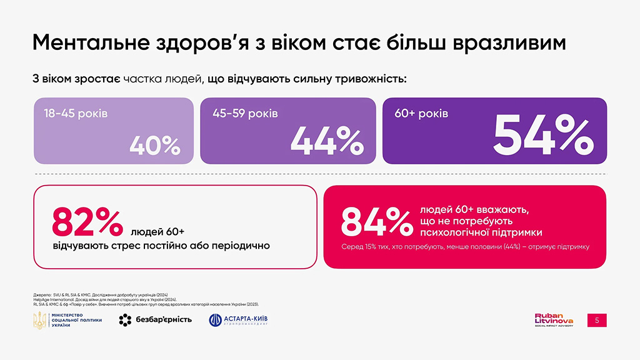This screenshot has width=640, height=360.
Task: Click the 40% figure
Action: pyautogui.click(x=155, y=146)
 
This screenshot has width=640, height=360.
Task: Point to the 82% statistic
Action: pyautogui.click(x=87, y=222)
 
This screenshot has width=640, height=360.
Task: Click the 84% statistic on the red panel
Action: pyautogui.click(x=374, y=221)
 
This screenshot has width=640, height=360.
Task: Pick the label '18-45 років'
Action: pyautogui.click(x=76, y=115)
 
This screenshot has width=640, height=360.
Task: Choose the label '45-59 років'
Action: pyautogui.click(x=246, y=114)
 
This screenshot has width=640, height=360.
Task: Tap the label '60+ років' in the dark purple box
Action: pyautogui.click(x=422, y=114)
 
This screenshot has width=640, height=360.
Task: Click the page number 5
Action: pyautogui.click(x=597, y=320)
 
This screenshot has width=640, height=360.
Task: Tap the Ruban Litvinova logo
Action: pyautogui.click(x=554, y=319)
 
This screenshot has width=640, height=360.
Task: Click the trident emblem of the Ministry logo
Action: pyautogui.click(x=39, y=320)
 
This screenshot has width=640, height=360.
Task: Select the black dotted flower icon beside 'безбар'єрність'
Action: pyautogui.click(x=126, y=320)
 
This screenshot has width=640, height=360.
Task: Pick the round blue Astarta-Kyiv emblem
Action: pyautogui.click(x=215, y=320)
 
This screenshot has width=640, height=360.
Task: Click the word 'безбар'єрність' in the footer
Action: pyautogui.click(x=162, y=320)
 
